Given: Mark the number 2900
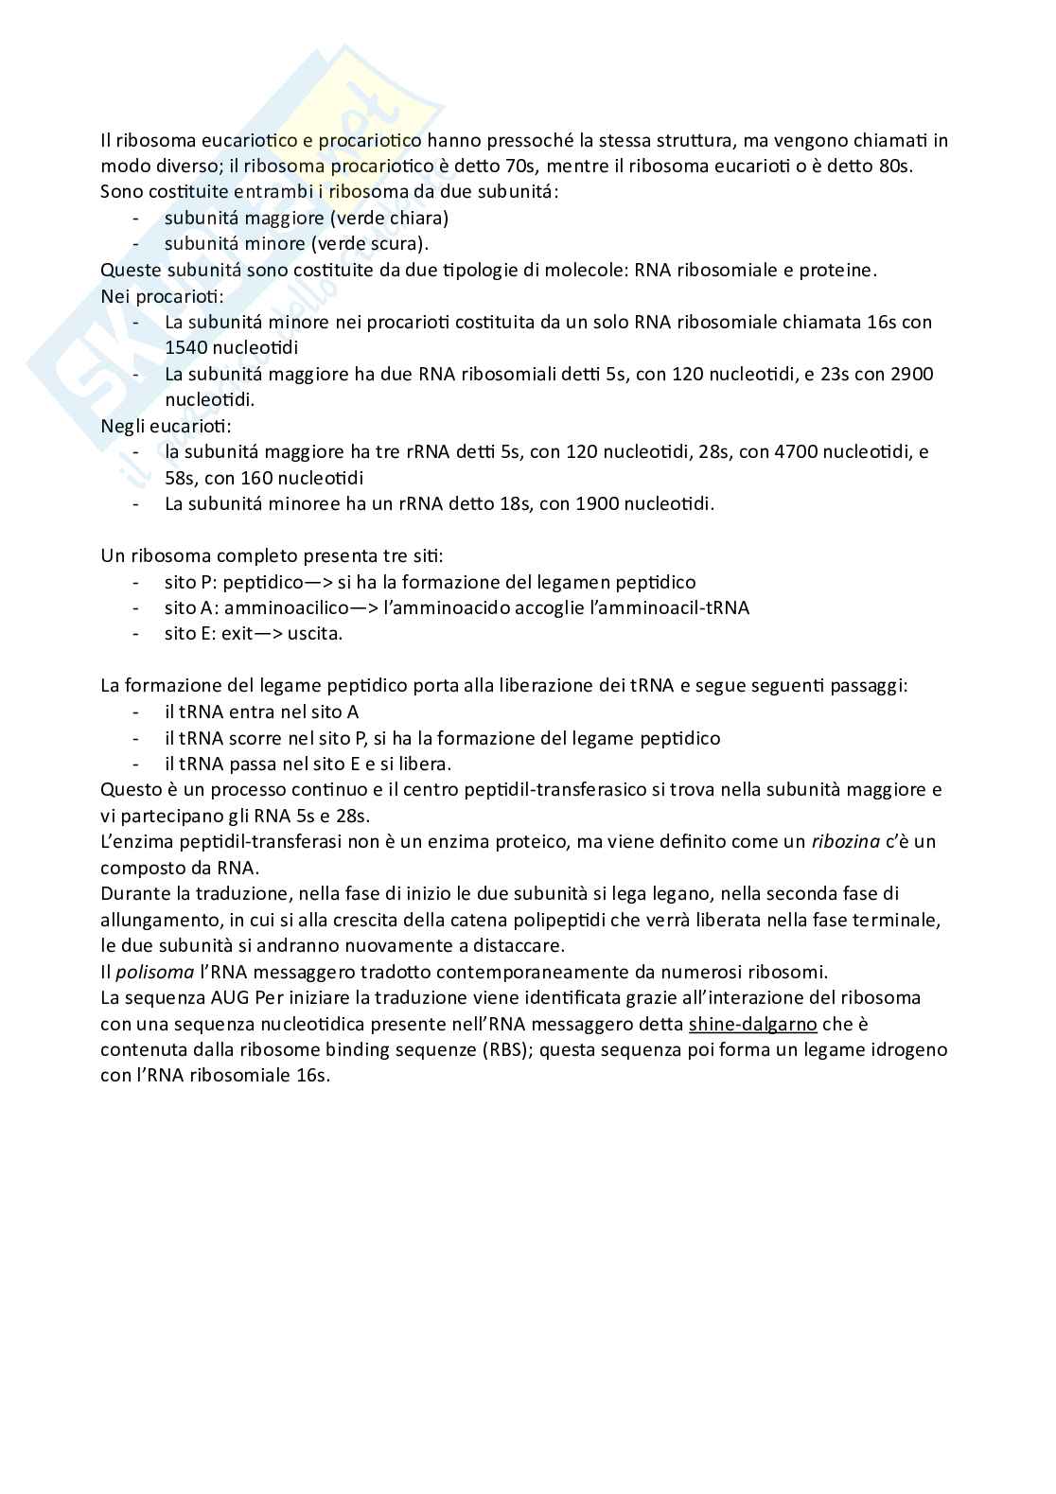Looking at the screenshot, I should (912, 373).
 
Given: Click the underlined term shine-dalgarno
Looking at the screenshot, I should (753, 1023).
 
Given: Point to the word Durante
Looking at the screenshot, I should (133, 893).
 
